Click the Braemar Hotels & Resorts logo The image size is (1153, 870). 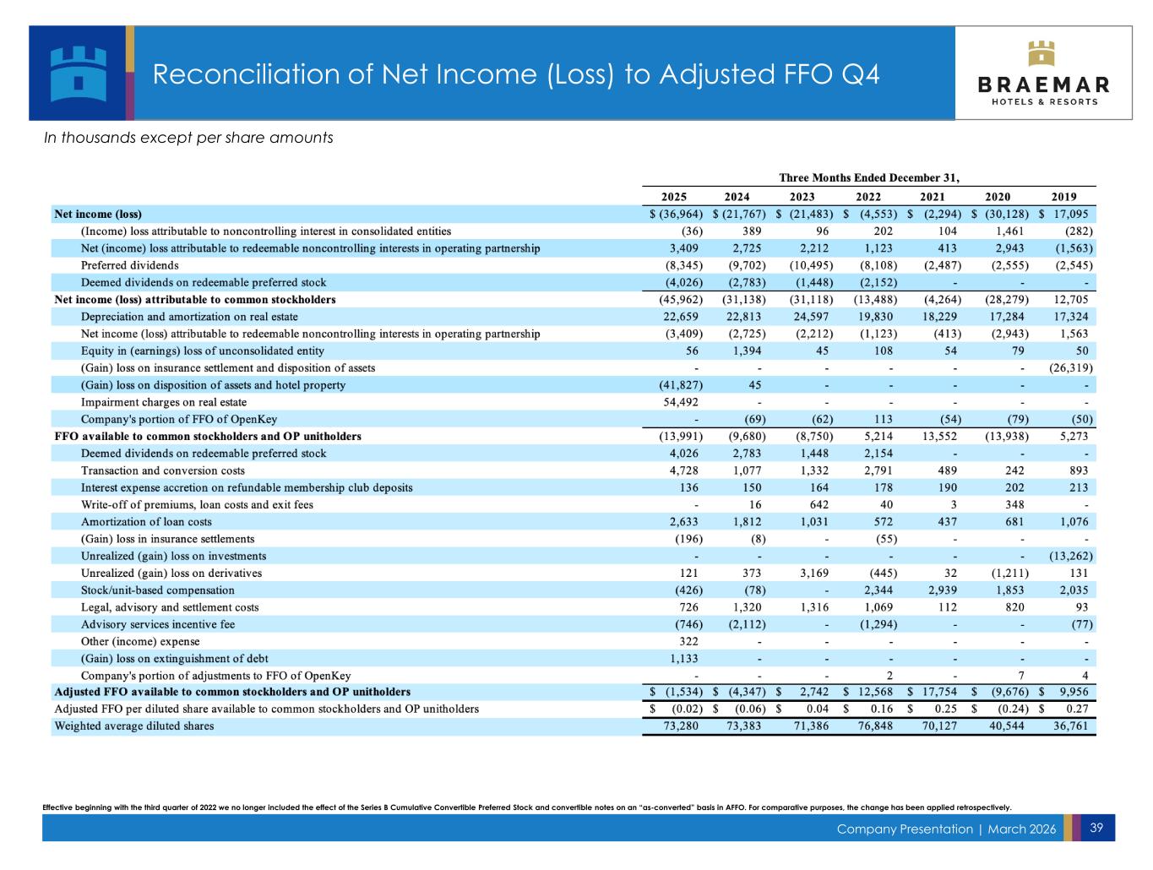(x=1043, y=73)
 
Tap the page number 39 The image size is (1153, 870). (x=1096, y=828)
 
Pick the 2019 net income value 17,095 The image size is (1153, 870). (x=1070, y=214)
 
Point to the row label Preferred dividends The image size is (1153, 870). (x=129, y=265)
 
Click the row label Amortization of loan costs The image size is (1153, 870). (x=146, y=522)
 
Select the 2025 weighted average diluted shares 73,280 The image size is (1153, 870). (x=682, y=726)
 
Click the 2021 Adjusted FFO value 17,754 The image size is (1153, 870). (x=939, y=692)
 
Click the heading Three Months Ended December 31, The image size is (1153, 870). (x=869, y=177)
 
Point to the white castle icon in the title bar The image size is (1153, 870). (x=78, y=73)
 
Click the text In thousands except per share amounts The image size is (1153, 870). (x=188, y=138)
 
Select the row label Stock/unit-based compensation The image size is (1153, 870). (x=157, y=590)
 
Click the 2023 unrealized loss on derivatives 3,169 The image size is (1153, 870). (x=813, y=574)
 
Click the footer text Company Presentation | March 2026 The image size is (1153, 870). (x=946, y=829)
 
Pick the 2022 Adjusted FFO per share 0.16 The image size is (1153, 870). (x=883, y=709)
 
